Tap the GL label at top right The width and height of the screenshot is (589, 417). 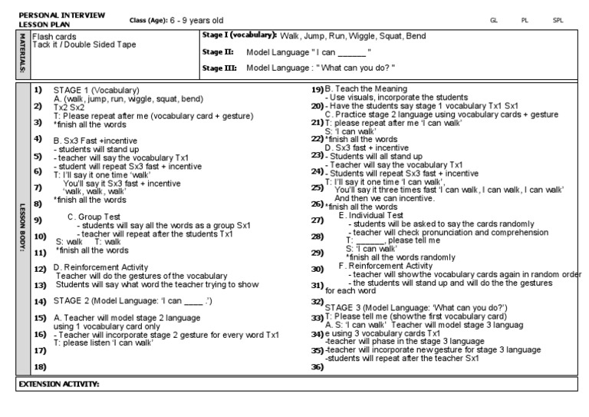(494, 21)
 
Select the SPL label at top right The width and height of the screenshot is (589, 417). (558, 21)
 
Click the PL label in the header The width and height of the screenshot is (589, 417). (525, 21)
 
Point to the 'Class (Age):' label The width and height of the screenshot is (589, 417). (150, 21)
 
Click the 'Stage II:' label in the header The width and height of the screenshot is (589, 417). (217, 52)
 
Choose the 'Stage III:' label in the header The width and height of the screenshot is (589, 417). (219, 68)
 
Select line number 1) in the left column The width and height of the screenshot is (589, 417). (38, 90)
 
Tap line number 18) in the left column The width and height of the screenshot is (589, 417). (40, 366)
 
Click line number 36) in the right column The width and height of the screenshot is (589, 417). (316, 366)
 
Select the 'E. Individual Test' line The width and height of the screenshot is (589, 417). (371, 216)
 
